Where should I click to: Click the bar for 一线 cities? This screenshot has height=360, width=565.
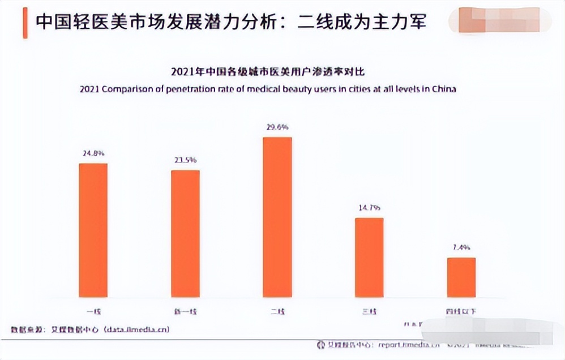pyautogui.click(x=93, y=230)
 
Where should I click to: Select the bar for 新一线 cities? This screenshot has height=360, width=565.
pyautogui.click(x=185, y=234)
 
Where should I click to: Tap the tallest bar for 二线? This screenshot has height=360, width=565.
pyautogui.click(x=277, y=217)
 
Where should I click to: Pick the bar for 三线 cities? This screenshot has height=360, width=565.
pyautogui.click(x=369, y=258)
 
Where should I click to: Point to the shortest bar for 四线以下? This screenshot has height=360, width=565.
pyautogui.click(x=461, y=277)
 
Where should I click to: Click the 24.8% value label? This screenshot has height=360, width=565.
pyautogui.click(x=93, y=153)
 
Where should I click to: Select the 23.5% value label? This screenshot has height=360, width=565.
pyautogui.click(x=185, y=160)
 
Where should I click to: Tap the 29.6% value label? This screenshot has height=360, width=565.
pyautogui.click(x=277, y=127)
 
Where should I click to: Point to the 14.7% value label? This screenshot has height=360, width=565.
pyautogui.click(x=369, y=208)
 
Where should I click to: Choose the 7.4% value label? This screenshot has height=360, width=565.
pyautogui.click(x=461, y=247)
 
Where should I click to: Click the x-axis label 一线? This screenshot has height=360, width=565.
pyautogui.click(x=93, y=311)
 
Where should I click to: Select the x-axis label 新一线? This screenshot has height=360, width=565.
pyautogui.click(x=185, y=311)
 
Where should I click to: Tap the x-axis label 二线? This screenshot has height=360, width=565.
pyautogui.click(x=277, y=311)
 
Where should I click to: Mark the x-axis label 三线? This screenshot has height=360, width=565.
pyautogui.click(x=369, y=311)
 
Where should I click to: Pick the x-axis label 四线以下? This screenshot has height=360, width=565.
pyautogui.click(x=461, y=311)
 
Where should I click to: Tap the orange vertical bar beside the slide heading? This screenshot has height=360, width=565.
pyautogui.click(x=25, y=23)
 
